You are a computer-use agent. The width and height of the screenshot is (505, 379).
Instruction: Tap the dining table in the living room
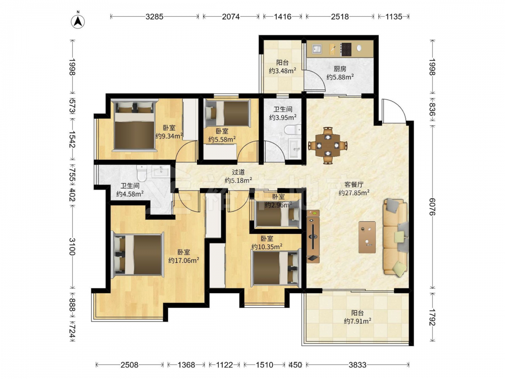[x=328, y=146]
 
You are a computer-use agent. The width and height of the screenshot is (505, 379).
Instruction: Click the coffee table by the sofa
[x=367, y=237]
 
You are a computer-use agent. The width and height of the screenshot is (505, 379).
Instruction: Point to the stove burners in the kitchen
[x=346, y=49]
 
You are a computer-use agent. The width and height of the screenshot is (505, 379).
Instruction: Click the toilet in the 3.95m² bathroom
[x=292, y=130]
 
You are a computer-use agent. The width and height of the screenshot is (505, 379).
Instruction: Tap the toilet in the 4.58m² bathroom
[x=141, y=173]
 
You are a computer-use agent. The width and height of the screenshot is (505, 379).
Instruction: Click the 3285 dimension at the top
[x=154, y=17]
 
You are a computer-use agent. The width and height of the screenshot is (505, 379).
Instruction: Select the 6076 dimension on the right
[x=432, y=207]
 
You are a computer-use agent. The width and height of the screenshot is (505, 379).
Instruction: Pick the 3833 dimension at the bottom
[x=358, y=365]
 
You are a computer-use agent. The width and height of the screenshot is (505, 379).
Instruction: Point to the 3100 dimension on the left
[x=72, y=247]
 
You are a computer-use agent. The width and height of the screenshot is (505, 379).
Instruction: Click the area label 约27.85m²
[x=354, y=193]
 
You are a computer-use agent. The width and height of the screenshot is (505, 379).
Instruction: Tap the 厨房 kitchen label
[x=340, y=69]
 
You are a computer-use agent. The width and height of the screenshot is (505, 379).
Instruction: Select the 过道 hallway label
[x=238, y=172]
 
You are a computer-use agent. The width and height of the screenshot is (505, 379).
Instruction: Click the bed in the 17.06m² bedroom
[x=137, y=255]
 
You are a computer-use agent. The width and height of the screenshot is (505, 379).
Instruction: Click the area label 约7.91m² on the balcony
[x=358, y=321]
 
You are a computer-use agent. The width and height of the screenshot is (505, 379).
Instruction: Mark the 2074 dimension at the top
[x=231, y=17]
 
